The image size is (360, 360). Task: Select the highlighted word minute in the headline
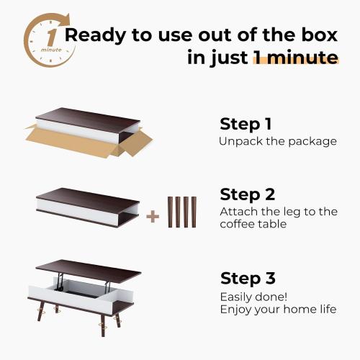295,58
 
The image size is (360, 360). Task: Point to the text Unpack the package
277,141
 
